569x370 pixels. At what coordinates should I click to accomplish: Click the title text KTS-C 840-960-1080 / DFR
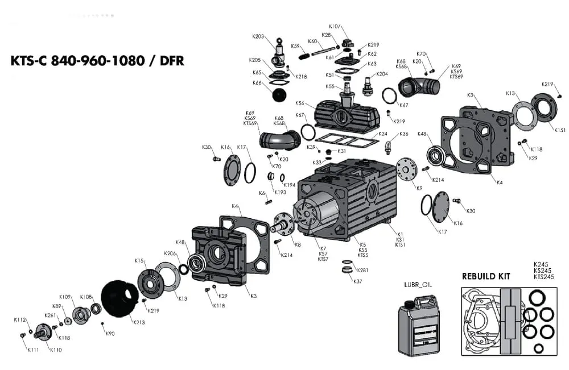pyautogui.click(x=97, y=61)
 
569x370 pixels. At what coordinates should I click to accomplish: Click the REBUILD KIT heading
pyautogui.click(x=485, y=277)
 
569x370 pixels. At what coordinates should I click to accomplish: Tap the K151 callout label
pyautogui.click(x=560, y=130)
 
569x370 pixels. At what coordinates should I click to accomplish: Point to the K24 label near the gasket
pyautogui.click(x=383, y=134)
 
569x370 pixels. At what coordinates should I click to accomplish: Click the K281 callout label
pyautogui.click(x=362, y=270)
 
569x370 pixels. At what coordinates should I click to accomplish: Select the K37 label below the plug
pyautogui.click(x=357, y=281)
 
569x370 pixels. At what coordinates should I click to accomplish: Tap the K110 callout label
pyautogui.click(x=55, y=350)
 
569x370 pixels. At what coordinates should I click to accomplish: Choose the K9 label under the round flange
pyautogui.click(x=419, y=188)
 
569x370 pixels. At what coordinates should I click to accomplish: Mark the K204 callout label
pyautogui.click(x=382, y=74)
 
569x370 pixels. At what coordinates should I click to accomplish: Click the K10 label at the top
pyautogui.click(x=334, y=26)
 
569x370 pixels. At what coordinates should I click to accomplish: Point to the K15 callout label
pyautogui.click(x=139, y=260)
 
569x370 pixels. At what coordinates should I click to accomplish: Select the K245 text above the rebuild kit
pyautogui.click(x=541, y=264)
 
